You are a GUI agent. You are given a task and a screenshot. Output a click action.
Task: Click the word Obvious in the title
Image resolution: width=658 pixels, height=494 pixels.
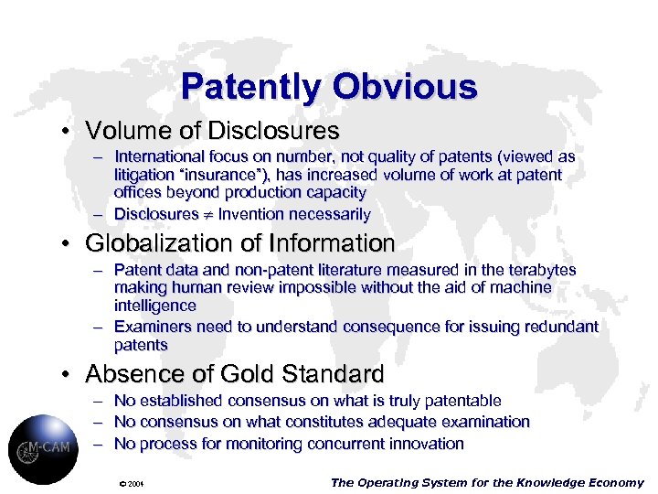[404, 87]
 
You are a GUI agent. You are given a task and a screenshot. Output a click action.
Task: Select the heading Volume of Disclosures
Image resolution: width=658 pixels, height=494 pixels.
[212, 132]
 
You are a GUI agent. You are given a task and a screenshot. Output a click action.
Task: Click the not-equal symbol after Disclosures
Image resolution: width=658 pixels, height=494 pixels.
[207, 215]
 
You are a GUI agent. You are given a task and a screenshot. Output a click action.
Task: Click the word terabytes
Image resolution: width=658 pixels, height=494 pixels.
[542, 270]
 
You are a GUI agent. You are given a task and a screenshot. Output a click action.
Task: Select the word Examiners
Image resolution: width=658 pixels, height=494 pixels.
[150, 327]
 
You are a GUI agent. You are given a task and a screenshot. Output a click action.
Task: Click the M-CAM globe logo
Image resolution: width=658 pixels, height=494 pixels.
[43, 448]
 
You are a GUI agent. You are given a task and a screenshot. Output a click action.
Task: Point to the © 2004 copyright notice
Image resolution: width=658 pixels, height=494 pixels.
[133, 483]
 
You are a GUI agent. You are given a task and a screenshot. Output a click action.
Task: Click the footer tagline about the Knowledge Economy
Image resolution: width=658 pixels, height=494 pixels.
[486, 482]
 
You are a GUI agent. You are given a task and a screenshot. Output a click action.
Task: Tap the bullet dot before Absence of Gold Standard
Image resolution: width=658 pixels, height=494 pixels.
[69, 374]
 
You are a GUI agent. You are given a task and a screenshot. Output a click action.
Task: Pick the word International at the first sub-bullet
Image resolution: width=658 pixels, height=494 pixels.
[160, 157]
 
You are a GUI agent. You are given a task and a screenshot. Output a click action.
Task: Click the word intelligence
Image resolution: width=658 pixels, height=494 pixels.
[155, 305]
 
